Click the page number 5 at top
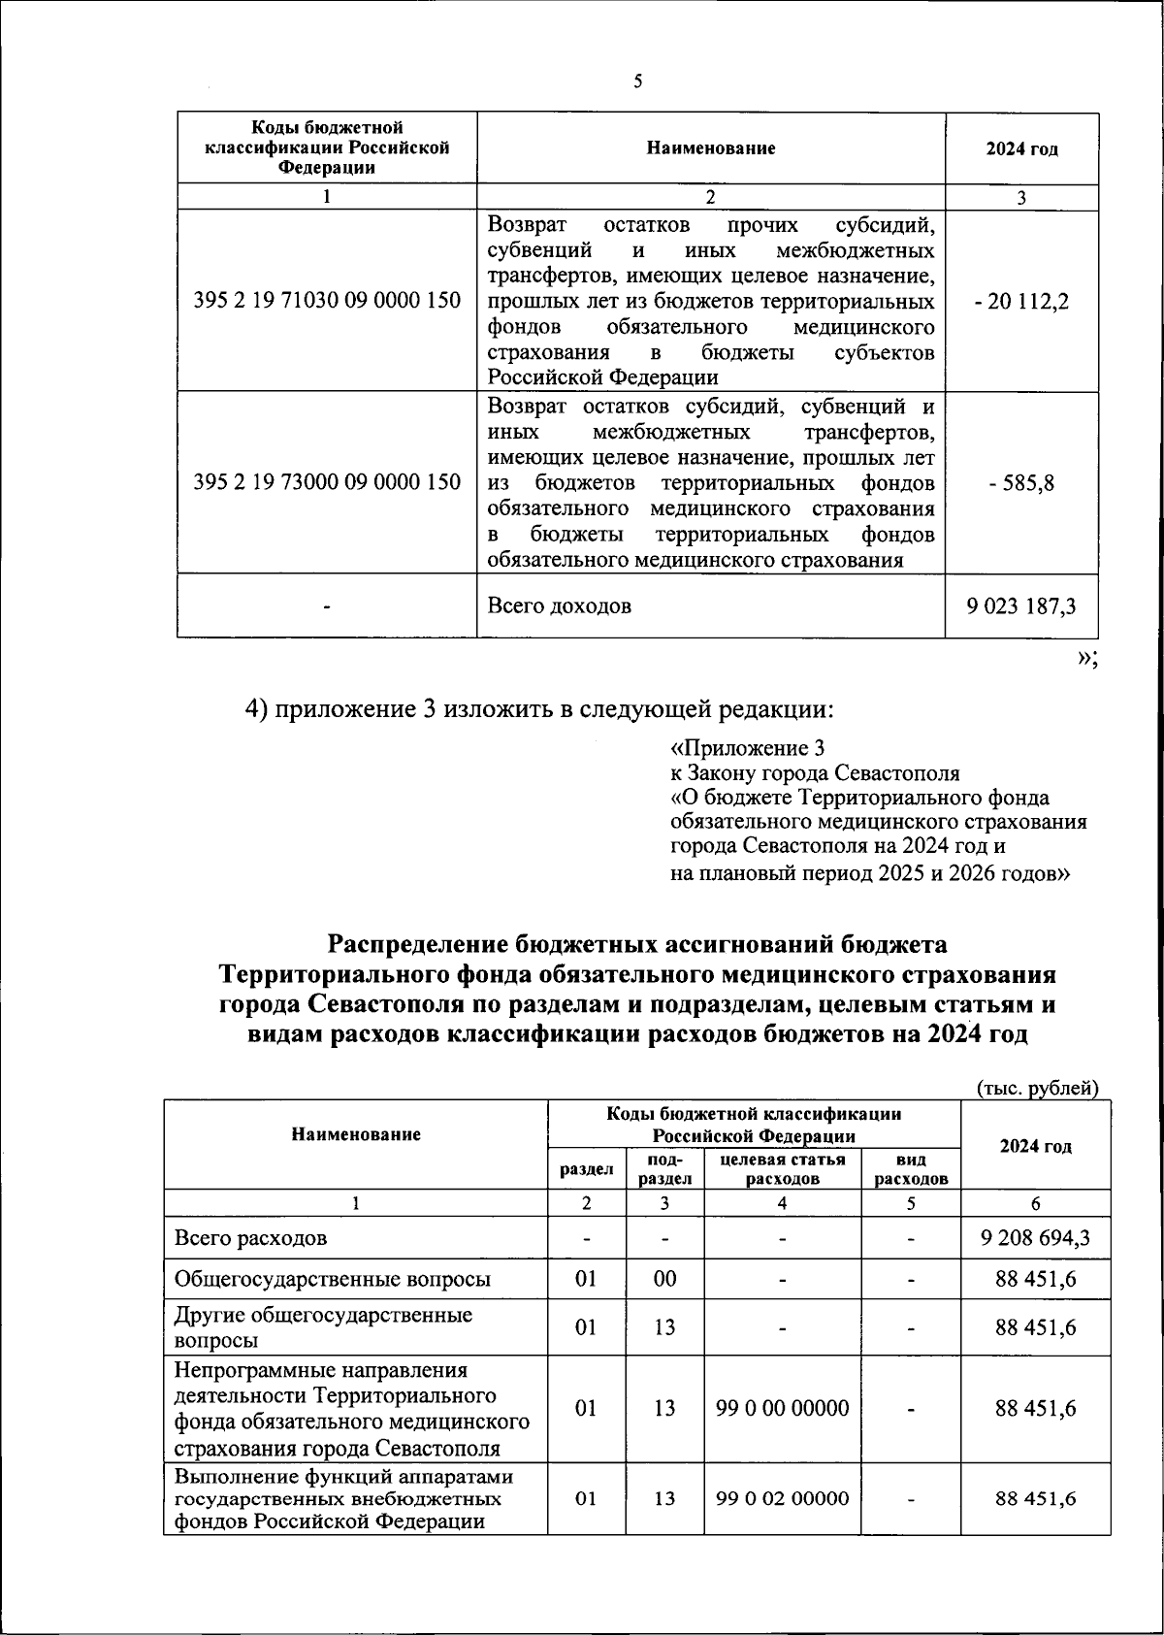tap(638, 82)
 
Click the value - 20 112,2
tap(1021, 301)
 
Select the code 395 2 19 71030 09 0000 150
tap(327, 301)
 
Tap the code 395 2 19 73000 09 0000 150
tap(327, 482)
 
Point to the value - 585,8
tap(1021, 482)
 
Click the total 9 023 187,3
tap(1021, 605)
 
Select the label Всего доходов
tap(559, 605)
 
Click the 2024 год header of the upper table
tap(1021, 149)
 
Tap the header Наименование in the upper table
tap(710, 148)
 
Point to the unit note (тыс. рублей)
tap(1036, 1088)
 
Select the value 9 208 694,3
tap(1035, 1238)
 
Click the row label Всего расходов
tap(250, 1238)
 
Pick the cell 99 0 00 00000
tap(782, 1408)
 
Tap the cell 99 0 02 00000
tap(782, 1498)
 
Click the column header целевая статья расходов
tap(782, 1169)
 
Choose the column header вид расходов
tap(911, 1169)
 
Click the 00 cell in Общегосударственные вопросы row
tap(664, 1279)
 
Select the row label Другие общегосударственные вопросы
tap(323, 1327)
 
